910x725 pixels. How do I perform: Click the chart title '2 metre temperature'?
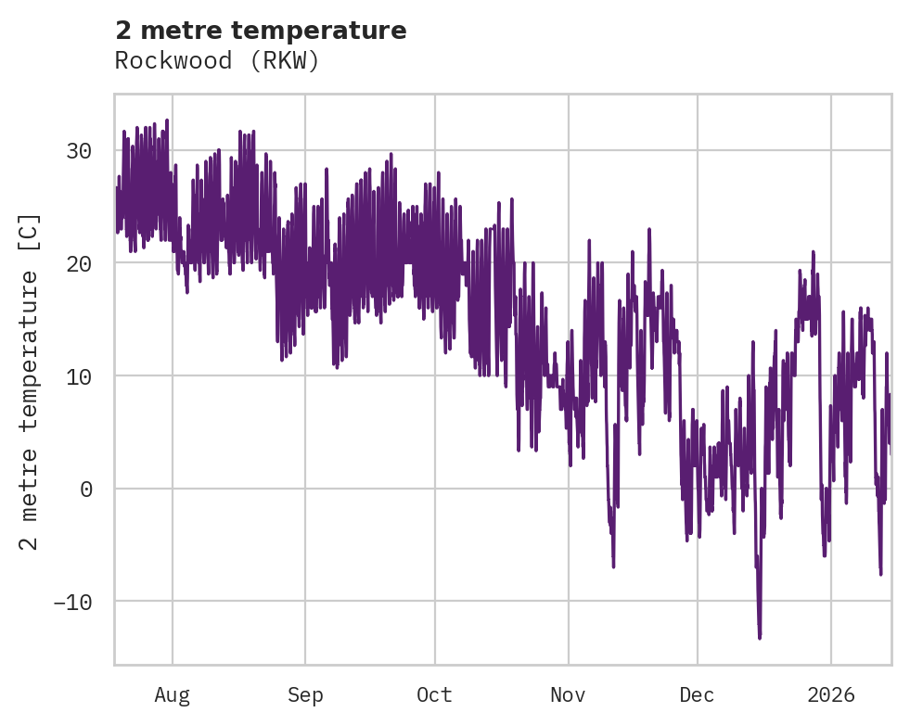tap(261, 31)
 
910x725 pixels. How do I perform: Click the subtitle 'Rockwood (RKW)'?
tap(217, 61)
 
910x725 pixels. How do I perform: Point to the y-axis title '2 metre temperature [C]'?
tap(30, 381)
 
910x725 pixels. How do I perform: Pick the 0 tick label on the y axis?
tap(86, 489)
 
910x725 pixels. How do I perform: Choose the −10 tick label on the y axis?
tap(72, 602)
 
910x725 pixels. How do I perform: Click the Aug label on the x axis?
tap(172, 694)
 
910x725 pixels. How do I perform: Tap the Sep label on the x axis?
tap(304, 694)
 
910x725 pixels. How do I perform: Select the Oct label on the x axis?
tap(434, 694)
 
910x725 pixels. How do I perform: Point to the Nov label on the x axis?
tap(568, 694)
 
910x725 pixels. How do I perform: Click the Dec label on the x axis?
tap(697, 694)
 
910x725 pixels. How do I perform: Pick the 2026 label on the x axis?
tap(830, 694)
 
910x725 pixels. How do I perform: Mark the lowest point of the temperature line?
tap(760, 638)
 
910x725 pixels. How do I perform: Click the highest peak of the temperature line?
tap(167, 120)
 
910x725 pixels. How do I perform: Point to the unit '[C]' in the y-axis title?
tap(30, 232)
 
